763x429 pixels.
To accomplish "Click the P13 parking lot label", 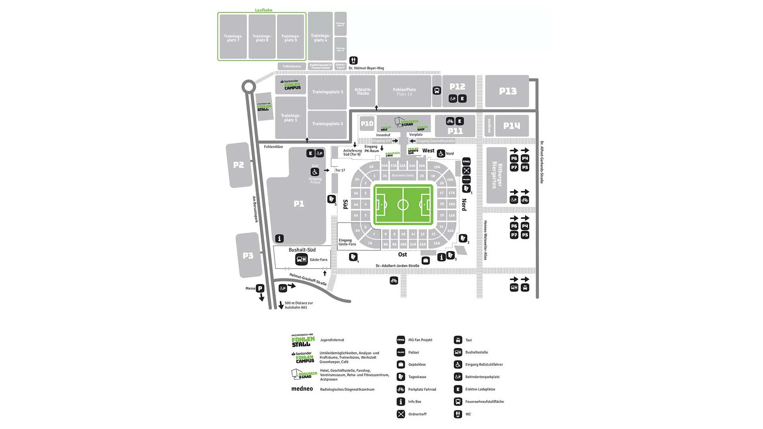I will [508, 91].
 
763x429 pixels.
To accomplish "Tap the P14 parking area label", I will [511, 126].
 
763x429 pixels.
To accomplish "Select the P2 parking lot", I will [238, 165].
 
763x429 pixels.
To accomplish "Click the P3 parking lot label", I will [248, 255].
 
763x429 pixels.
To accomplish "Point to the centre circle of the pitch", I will [403, 205].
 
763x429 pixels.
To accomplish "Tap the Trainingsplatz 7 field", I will [233, 38].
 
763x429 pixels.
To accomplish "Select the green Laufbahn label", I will [263, 10].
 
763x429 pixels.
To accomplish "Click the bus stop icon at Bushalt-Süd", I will [301, 259].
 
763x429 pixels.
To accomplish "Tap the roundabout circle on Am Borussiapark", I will [249, 87].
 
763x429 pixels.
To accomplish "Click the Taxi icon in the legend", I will [458, 340].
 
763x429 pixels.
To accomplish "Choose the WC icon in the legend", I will [458, 414].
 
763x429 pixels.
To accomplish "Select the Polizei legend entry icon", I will [401, 352].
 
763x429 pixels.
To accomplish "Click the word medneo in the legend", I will [302, 389].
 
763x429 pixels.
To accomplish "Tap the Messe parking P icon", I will [260, 288].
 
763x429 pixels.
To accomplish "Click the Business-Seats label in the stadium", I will [403, 176].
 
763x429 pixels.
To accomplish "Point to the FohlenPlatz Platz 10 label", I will [404, 92].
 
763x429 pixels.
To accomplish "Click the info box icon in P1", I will [279, 238].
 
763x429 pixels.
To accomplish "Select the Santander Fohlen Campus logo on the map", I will [290, 85].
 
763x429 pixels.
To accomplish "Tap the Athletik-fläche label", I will [363, 91].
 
